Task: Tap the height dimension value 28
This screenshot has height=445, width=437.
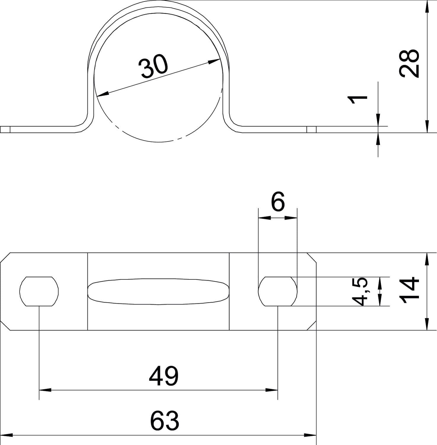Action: click(409, 63)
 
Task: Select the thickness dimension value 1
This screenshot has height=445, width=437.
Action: click(358, 99)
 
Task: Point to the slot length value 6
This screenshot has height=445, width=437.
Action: click(278, 202)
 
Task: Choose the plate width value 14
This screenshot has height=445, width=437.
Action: click(409, 291)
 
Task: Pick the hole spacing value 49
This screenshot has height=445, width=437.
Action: click(164, 376)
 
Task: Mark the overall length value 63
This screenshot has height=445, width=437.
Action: click(164, 420)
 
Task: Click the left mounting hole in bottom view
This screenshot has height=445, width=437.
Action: click(39, 291)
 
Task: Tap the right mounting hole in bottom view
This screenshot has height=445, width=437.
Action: click(278, 291)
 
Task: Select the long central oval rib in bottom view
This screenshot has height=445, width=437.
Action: click(159, 292)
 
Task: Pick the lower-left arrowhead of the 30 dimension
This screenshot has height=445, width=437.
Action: click(103, 94)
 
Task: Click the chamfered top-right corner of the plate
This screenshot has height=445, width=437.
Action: click(311, 258)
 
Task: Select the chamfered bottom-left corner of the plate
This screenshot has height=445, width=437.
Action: click(5, 325)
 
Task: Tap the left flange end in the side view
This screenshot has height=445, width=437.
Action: click(5, 130)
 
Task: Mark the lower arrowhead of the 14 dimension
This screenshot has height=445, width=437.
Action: click(427, 324)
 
